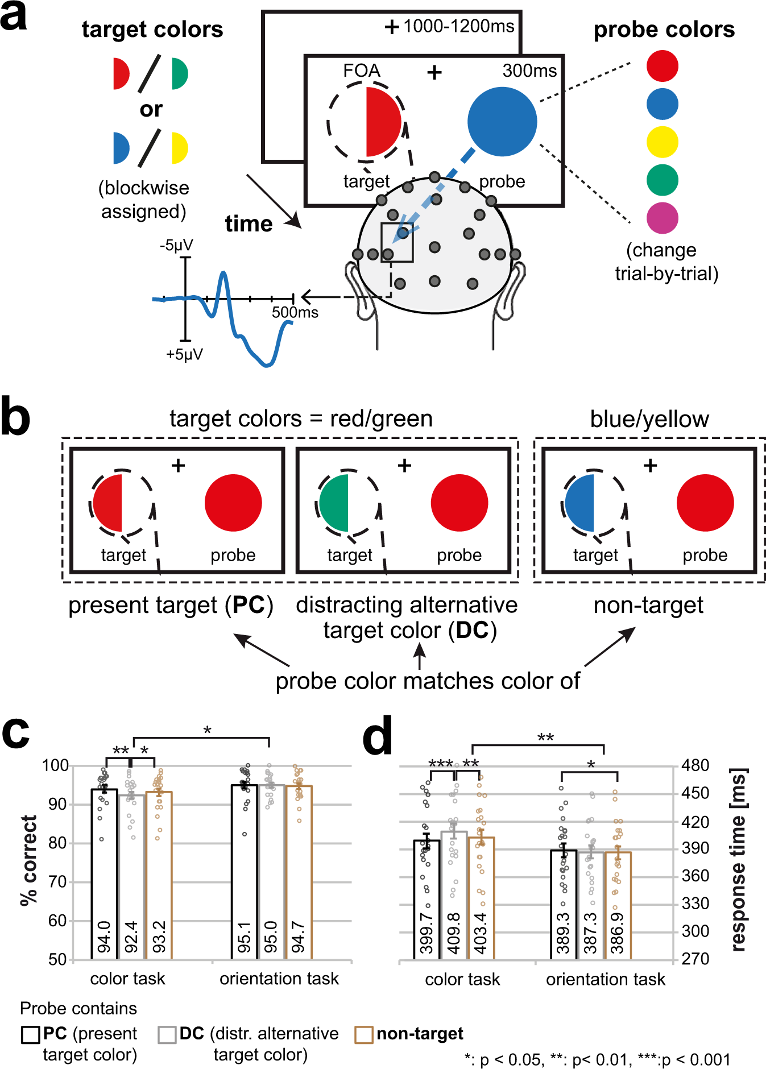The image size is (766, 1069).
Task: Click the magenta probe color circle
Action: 662,218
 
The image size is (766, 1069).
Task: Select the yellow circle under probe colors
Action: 662,142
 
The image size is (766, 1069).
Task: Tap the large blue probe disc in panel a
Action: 502,122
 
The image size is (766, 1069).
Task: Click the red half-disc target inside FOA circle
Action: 382,122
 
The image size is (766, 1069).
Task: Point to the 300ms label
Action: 529,71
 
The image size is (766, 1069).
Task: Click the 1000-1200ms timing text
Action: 458,26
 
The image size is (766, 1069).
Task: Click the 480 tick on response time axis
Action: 695,765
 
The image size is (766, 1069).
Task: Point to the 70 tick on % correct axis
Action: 57,882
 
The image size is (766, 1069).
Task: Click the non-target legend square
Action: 363,1034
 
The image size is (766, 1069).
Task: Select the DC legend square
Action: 167,1034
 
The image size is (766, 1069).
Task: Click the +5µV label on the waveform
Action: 184,354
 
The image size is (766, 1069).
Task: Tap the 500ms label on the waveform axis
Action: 295,312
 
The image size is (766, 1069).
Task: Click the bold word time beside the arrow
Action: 249,224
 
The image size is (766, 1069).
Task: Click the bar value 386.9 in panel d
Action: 618,933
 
